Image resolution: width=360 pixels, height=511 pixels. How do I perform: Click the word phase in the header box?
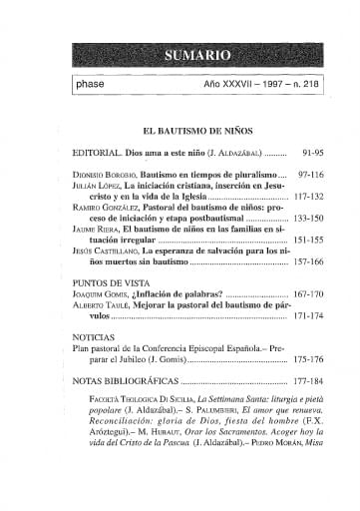tap(96, 84)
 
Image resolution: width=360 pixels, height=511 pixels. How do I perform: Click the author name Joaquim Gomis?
tap(104, 296)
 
